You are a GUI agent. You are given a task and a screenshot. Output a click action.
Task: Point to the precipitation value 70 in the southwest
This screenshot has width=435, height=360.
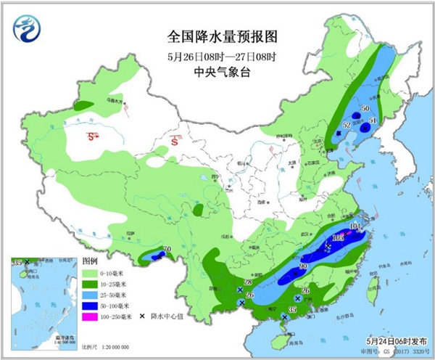coord(167,251)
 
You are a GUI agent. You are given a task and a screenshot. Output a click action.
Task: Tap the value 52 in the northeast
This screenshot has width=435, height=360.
coord(346,126)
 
